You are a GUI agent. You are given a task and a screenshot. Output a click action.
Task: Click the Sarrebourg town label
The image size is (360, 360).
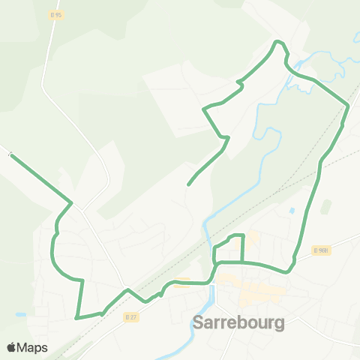point(238,324)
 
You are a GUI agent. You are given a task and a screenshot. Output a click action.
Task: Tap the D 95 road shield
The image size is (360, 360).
point(55,14)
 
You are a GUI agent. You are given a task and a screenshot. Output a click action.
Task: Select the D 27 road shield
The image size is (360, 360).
point(131,316)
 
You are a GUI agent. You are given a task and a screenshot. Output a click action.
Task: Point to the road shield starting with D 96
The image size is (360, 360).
point(322,250)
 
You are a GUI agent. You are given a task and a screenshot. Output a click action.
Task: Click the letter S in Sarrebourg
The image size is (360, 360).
point(199,324)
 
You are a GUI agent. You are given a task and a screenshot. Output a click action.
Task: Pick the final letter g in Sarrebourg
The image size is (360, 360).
point(278,325)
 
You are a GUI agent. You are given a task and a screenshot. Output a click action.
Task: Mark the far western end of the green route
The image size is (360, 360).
point(11,155)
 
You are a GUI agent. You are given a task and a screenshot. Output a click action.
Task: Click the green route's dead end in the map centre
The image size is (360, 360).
point(187,184)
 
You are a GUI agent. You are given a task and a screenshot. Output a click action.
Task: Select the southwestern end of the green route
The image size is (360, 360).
point(77,318)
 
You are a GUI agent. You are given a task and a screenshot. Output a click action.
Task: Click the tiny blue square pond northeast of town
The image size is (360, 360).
point(292,211)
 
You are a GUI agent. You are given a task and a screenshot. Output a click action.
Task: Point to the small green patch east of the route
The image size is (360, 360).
point(325,205)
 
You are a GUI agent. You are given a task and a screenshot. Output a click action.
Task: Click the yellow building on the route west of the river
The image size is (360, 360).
point(181,282)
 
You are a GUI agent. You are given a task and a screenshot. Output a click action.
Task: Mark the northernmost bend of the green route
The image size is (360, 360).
point(278,41)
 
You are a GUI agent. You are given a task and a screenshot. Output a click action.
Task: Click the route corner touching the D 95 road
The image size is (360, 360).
point(71,202)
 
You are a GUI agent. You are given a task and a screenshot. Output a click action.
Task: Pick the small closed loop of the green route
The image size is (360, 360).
point(229,249)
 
